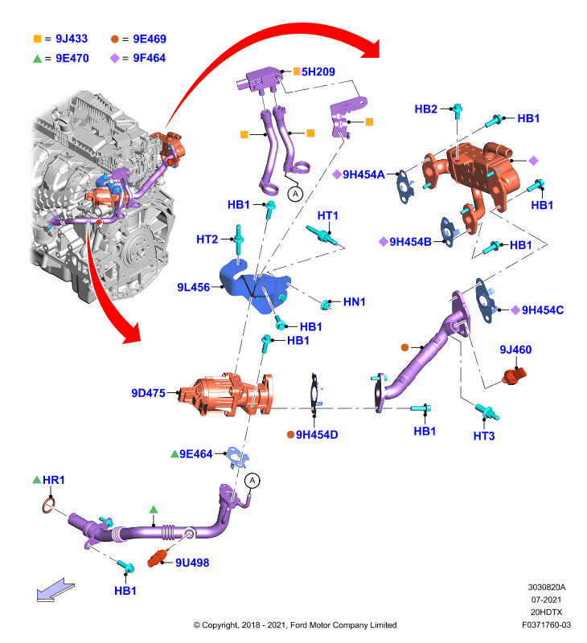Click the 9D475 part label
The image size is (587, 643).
(x=148, y=393)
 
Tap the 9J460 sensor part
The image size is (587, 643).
(x=514, y=375)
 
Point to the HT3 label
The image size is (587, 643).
(x=483, y=436)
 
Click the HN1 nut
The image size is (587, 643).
(x=326, y=305)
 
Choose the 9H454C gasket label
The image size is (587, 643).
(x=542, y=310)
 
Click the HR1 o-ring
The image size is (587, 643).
(x=48, y=505)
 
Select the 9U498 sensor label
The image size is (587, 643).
(x=192, y=563)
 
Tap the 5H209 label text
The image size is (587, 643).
(x=318, y=72)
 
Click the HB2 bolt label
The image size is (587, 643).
(x=426, y=109)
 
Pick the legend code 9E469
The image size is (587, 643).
(x=150, y=39)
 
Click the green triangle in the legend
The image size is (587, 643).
(x=37, y=59)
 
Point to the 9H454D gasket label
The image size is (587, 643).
(x=317, y=435)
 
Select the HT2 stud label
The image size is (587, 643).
(x=207, y=239)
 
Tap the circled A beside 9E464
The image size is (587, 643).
(x=252, y=480)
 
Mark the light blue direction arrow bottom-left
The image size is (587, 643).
(x=55, y=591)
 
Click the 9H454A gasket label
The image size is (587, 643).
(x=363, y=174)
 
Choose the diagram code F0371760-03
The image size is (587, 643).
(x=546, y=625)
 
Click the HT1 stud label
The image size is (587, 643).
(x=328, y=215)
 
